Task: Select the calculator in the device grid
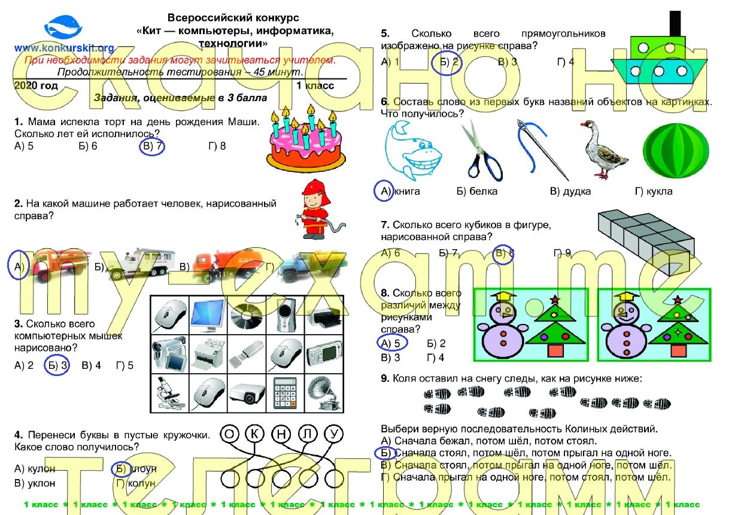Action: [x=285, y=393]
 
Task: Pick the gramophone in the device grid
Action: [x=323, y=393]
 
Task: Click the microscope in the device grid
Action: [x=169, y=393]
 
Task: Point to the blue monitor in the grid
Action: [x=207, y=314]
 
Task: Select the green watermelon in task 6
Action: [x=675, y=151]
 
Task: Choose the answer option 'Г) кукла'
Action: [x=654, y=192]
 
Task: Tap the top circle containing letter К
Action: [x=255, y=434]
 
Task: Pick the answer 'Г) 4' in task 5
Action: [x=566, y=62]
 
